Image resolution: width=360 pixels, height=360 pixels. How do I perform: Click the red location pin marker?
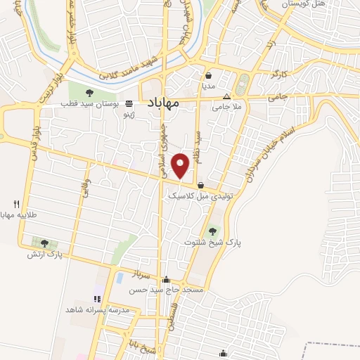[181, 165]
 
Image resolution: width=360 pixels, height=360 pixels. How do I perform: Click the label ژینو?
[128, 113]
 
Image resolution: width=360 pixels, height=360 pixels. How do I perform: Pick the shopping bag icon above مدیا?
[209, 75]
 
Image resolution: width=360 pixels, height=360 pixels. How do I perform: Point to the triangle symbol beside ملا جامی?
[226, 97]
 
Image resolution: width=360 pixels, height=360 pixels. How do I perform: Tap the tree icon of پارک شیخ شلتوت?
[212, 230]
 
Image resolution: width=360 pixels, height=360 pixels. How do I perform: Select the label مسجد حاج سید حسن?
[172, 290]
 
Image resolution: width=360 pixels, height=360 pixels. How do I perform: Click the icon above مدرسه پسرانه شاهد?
[98, 299]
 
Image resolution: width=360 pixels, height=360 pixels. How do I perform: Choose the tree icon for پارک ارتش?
[45, 243]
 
